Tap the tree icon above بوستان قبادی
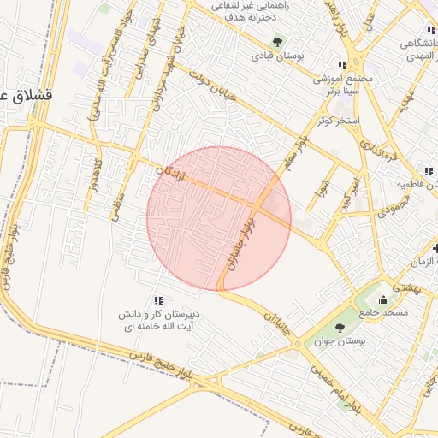click(x=276, y=40)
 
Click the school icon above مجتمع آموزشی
click(x=342, y=65)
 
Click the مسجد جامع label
click(x=383, y=313)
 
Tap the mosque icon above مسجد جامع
click(x=383, y=299)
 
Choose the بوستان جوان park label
click(x=340, y=340)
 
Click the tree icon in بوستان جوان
click(x=340, y=327)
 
